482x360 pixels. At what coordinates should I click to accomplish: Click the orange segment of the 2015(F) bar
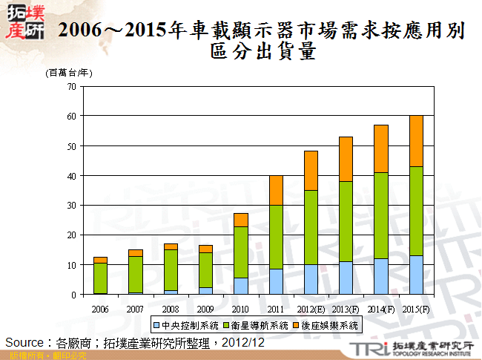416,141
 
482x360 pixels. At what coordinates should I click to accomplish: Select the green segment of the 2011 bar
277,237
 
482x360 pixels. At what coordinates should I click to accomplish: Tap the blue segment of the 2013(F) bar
346,278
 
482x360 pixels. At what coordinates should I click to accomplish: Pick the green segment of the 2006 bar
100,278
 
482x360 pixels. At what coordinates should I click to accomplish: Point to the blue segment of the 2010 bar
241,286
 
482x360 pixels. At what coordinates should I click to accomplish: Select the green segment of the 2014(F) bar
381,215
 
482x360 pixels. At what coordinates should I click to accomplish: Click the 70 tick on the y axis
72,87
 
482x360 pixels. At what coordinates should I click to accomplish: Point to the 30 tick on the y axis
72,206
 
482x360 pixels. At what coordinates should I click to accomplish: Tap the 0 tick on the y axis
74,295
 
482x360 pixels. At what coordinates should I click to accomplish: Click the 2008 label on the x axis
170,307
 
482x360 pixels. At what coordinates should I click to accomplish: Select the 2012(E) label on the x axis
311,307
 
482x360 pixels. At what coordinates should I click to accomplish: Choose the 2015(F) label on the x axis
416,307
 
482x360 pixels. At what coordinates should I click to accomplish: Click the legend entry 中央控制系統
185,325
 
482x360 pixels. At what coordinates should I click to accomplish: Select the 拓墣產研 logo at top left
24,22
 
